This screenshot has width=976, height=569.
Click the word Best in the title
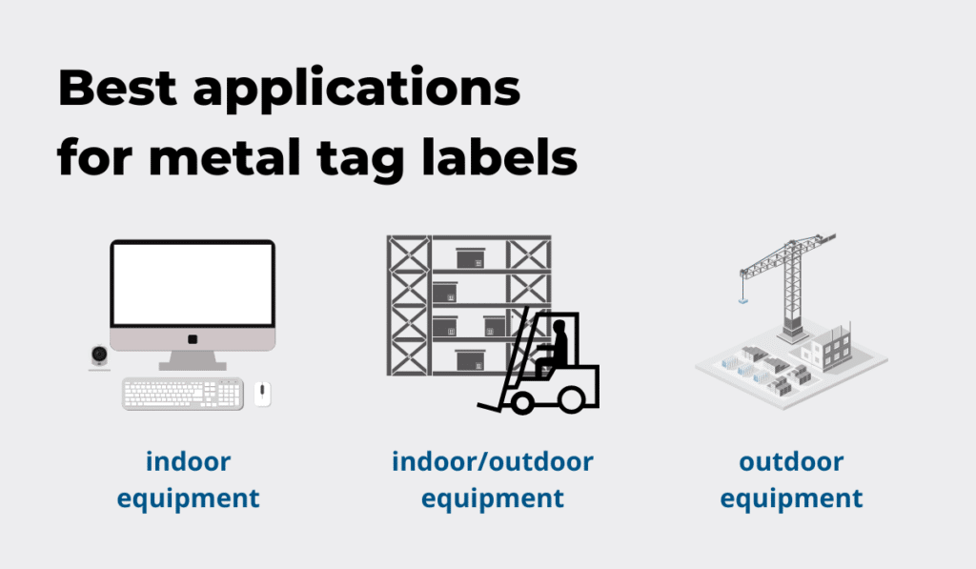click(115, 89)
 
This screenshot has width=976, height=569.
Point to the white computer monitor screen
click(193, 284)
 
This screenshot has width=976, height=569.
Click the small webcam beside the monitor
click(99, 356)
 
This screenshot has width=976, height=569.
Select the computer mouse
click(262, 393)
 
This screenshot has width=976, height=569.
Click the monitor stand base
click(193, 363)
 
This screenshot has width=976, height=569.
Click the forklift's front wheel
click(522, 401)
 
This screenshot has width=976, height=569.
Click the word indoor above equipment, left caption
click(188, 462)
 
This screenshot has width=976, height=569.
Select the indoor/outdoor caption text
click(492, 462)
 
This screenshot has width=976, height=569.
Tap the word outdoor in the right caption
click(791, 462)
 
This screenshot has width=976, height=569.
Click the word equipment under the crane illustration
click(791, 498)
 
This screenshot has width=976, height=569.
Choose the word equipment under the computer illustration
click(188, 498)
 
